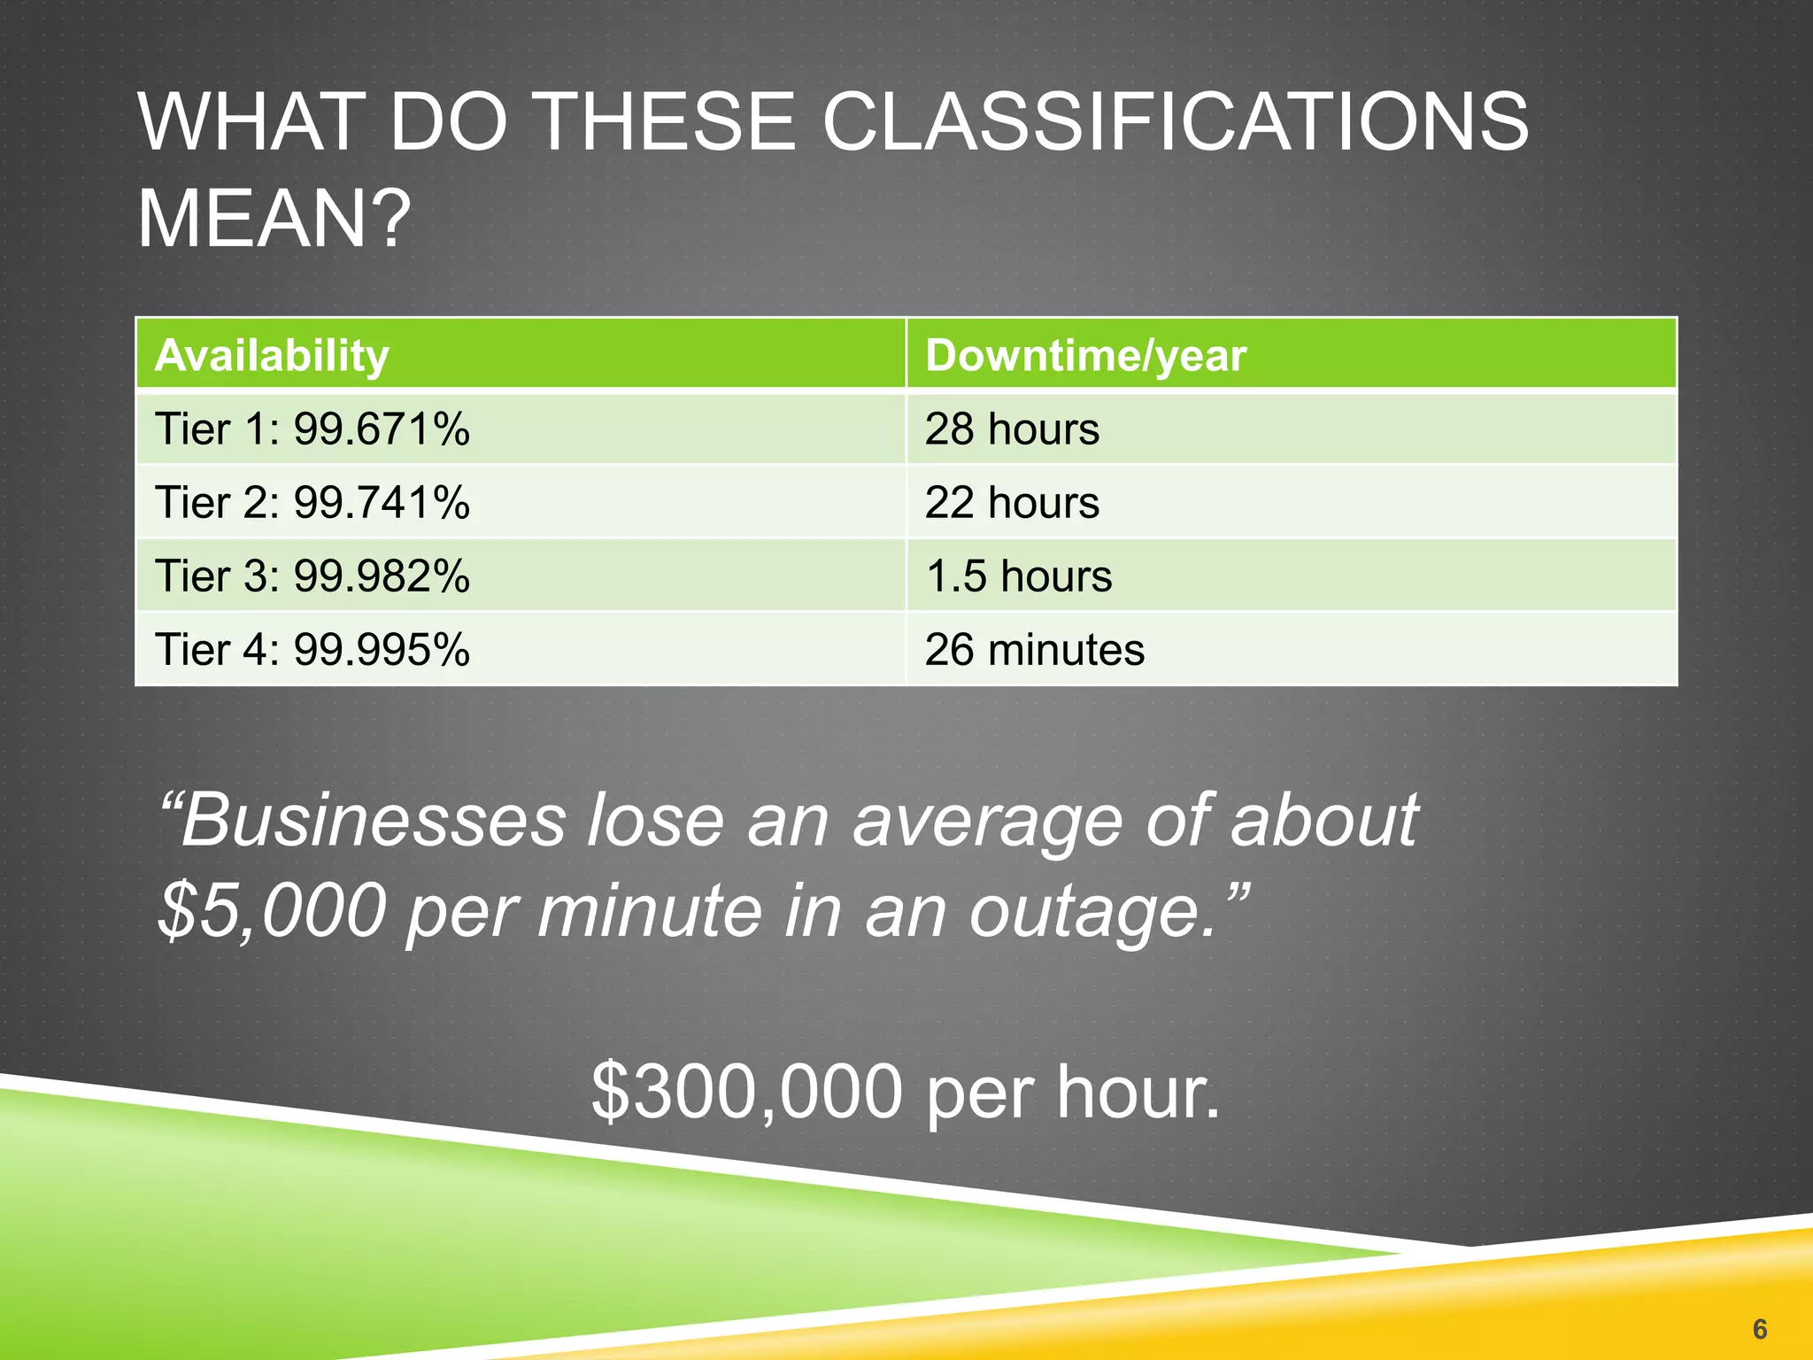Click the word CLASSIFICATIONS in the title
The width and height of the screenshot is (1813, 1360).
(x=1175, y=122)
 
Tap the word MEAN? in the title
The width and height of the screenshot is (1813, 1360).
(x=274, y=219)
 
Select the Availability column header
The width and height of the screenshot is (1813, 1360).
(x=272, y=355)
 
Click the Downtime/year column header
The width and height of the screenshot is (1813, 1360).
(x=1085, y=355)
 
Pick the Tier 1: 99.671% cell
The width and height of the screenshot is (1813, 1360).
(x=312, y=429)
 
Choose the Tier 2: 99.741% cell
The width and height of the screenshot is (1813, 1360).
(x=312, y=503)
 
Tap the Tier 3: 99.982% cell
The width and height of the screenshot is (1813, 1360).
(x=312, y=576)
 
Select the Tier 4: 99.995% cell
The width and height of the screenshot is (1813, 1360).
(x=312, y=650)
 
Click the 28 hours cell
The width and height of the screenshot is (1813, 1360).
(x=1012, y=429)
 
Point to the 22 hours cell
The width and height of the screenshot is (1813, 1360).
(x=1012, y=503)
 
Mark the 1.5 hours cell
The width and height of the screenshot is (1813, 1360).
(x=1018, y=576)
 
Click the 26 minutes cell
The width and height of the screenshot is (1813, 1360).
(x=1034, y=650)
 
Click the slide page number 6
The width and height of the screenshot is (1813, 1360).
(x=1759, y=1329)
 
